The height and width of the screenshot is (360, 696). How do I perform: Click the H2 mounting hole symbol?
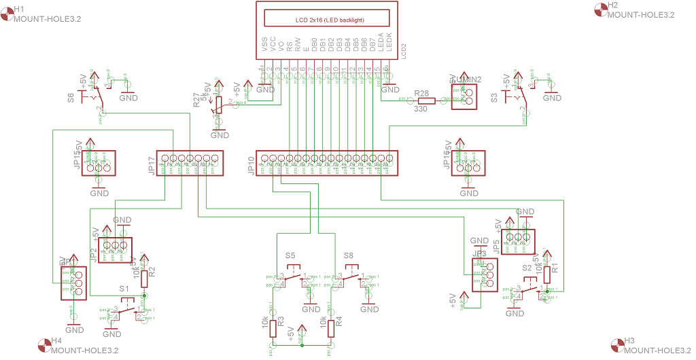tap(600, 9)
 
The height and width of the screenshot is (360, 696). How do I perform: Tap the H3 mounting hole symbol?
tap(617, 345)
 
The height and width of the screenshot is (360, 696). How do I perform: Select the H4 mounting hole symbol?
tap(44, 345)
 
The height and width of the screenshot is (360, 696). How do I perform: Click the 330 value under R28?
tap(421, 109)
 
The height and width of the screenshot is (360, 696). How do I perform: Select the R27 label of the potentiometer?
tap(196, 101)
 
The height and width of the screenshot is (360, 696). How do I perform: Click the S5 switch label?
tap(290, 255)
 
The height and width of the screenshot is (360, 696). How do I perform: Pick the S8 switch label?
tap(349, 255)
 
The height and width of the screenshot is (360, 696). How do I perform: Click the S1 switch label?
tap(124, 289)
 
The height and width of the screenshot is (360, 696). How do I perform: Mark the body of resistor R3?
tap(273, 328)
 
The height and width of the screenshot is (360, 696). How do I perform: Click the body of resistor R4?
tap(331, 328)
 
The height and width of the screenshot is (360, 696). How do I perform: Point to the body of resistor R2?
tap(143, 278)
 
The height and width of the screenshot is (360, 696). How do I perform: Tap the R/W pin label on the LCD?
tap(298, 45)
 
